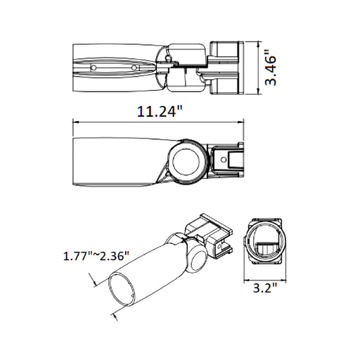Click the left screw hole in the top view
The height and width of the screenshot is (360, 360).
pyautogui.click(x=93, y=67)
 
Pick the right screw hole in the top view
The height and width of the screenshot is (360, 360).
pyautogui.click(x=134, y=68)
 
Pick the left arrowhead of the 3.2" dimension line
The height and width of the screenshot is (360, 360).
pyautogui.click(x=246, y=276)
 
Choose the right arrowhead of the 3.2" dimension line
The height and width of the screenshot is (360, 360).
pyautogui.click(x=285, y=276)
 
